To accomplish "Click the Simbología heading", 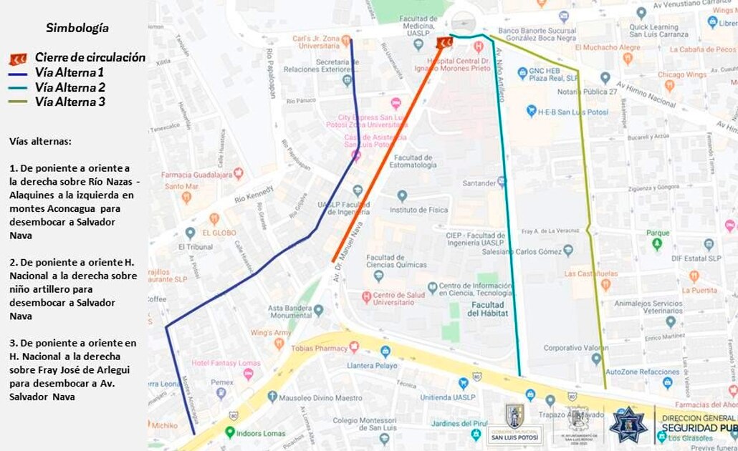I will point(77,28).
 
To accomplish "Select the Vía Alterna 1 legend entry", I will point(70,72).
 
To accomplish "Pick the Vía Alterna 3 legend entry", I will point(70,102).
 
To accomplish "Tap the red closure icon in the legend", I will point(18,59).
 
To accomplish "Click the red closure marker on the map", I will point(445,43).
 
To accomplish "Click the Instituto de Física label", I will point(418,210).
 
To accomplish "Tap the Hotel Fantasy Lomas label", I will point(224,362).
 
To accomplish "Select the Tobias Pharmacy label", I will point(320,348).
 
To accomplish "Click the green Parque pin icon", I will point(657,245).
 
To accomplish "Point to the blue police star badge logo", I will point(628,425).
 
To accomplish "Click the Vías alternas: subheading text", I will point(41,141).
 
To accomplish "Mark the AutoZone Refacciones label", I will point(642,372).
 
